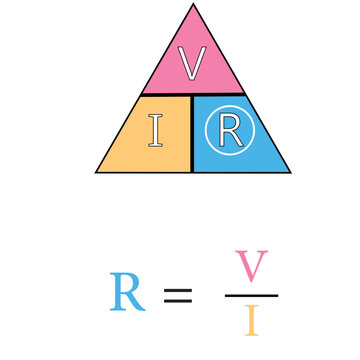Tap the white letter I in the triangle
pyautogui.click(x=155, y=131)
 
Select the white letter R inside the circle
pyautogui.click(x=228, y=131)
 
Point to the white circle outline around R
pyautogui.click(x=228, y=107)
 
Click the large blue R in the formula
pyautogui.click(x=127, y=291)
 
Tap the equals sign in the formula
pyautogui.click(x=177, y=295)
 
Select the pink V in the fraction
pyautogui.click(x=251, y=267)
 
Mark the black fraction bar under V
pyautogui.click(x=251, y=295)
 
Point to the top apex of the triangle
pyautogui.click(x=193, y=5)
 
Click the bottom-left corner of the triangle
pyautogui.click(x=97, y=172)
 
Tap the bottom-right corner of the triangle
pyautogui.click(x=289, y=172)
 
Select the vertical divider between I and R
pyautogui.click(x=192, y=140)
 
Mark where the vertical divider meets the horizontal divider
pyautogui.click(x=192, y=95)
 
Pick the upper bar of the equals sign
pyautogui.click(x=177, y=289)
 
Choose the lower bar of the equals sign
pyautogui.click(x=177, y=301)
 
